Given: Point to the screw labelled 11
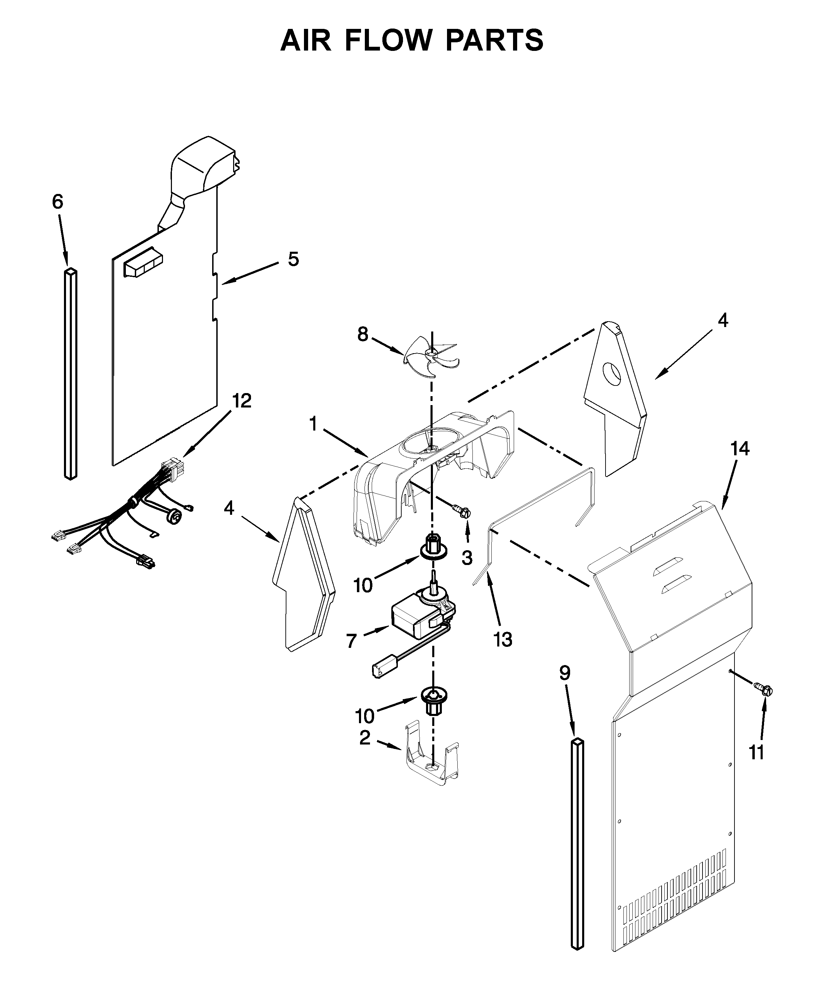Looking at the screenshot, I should [x=764, y=691].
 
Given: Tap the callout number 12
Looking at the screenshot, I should [x=242, y=401].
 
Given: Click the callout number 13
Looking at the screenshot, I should [x=503, y=639].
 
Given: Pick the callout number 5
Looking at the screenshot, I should [x=293, y=259].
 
